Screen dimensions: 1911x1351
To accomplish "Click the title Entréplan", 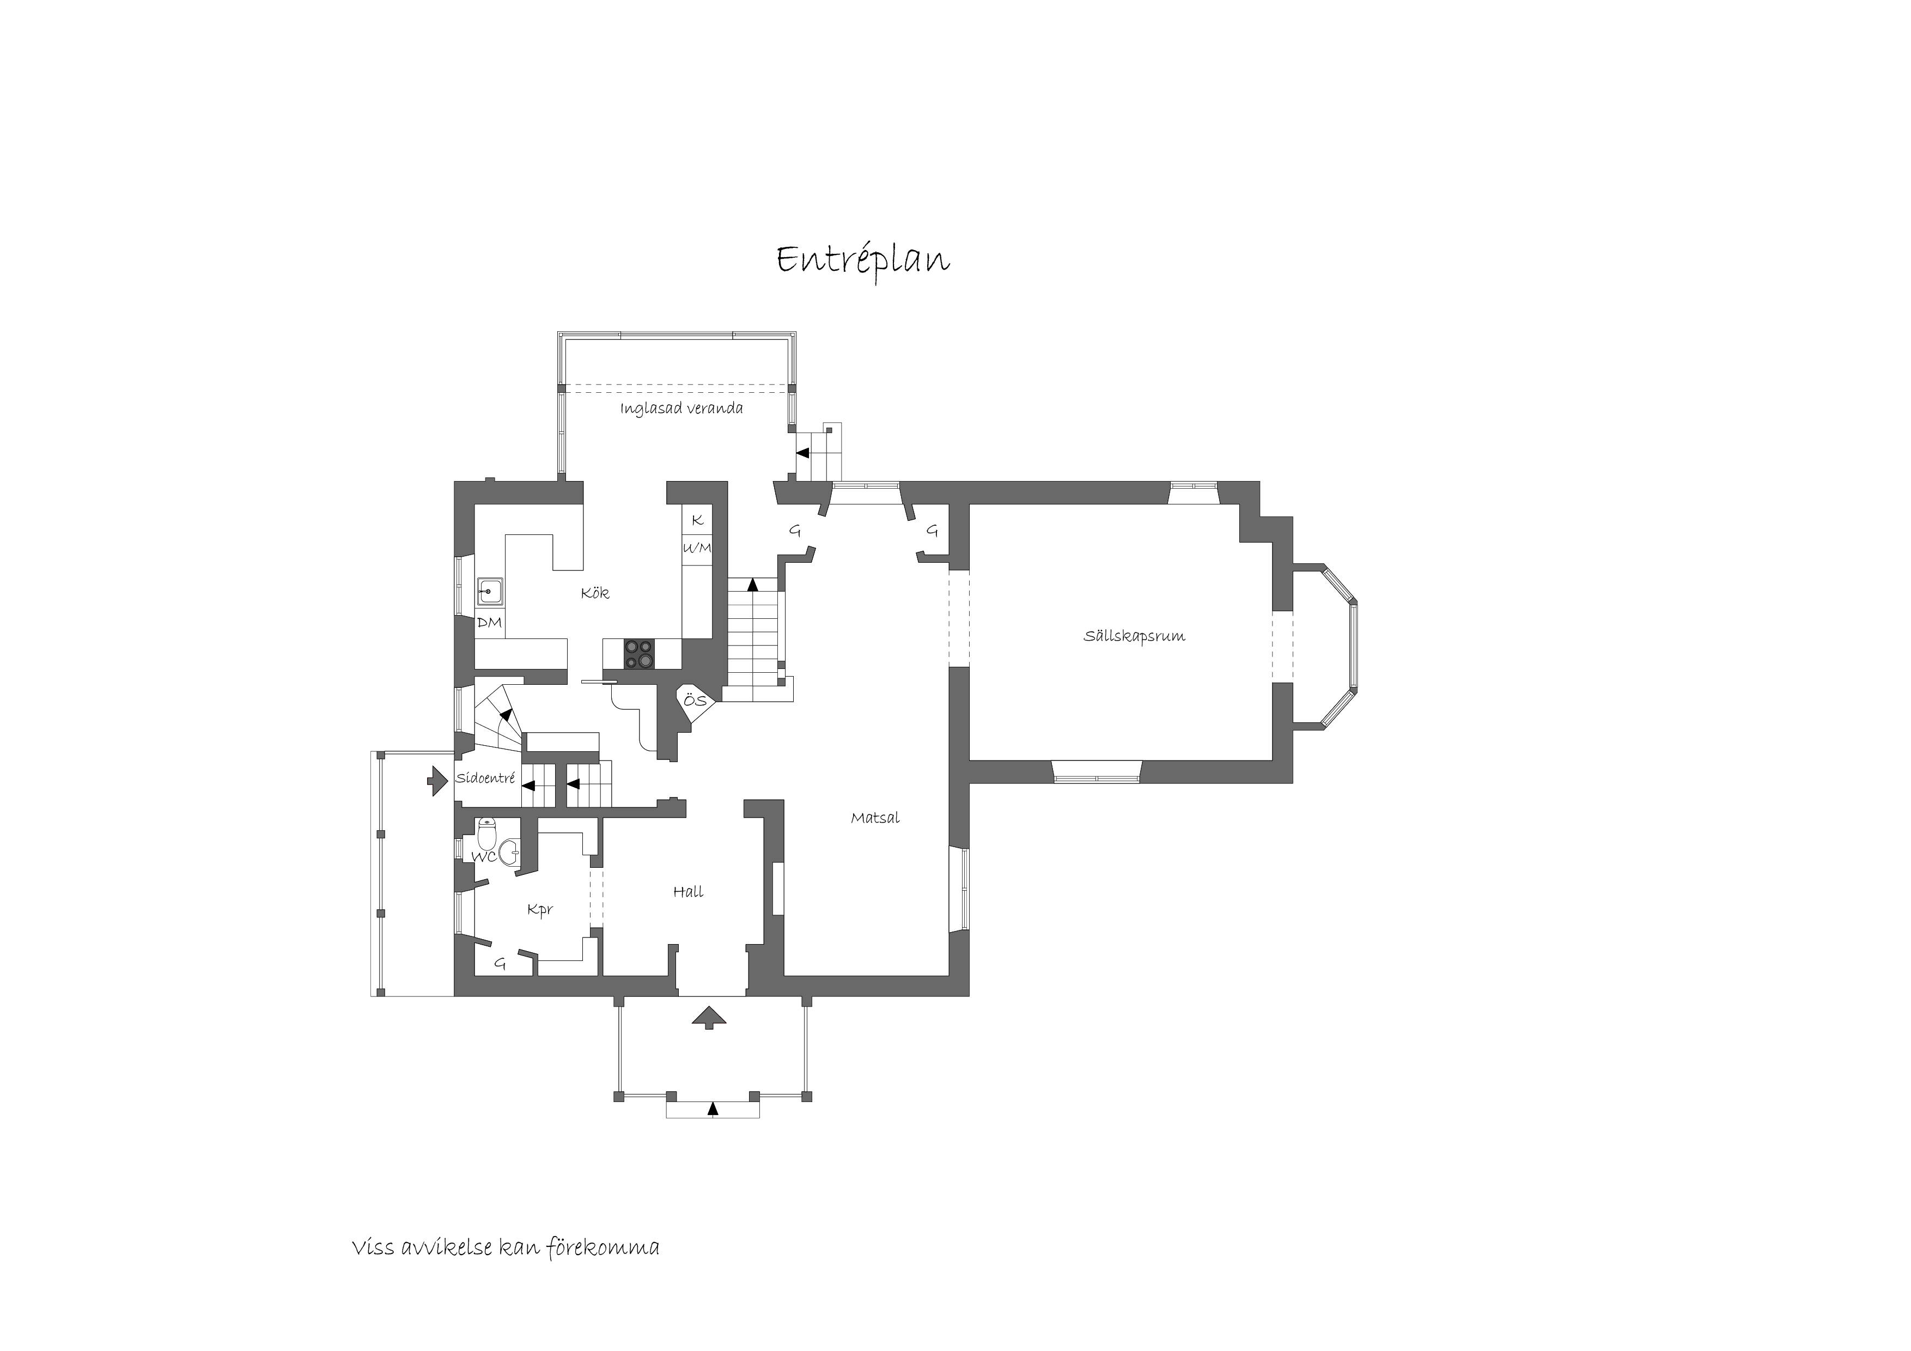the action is point(863,260).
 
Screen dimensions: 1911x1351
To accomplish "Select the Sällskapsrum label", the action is point(1134,636).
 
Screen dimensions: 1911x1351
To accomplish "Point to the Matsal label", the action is point(875,818).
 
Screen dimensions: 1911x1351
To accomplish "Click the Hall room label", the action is point(689,892).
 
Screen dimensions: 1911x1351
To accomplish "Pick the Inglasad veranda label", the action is point(681,408).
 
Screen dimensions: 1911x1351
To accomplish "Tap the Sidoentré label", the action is point(485,779).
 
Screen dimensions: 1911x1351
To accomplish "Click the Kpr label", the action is point(539,910).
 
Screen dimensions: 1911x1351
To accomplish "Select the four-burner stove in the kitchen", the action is point(639,654).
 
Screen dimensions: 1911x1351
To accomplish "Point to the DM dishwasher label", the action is point(489,622).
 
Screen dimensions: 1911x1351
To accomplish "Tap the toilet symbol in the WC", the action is point(487,832).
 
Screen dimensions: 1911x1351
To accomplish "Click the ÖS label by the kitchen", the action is point(695,700).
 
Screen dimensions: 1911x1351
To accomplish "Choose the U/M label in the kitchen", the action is point(697,547).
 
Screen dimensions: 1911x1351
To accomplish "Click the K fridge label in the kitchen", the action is point(697,520).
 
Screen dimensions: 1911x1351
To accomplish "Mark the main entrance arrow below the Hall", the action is point(708,1017).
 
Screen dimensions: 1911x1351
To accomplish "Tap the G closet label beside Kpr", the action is point(500,964).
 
